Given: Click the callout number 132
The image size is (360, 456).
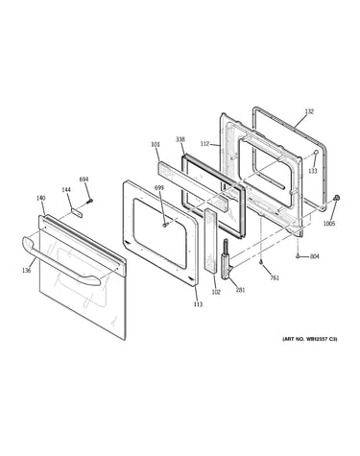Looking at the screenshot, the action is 309,111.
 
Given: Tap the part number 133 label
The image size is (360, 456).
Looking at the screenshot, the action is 313,171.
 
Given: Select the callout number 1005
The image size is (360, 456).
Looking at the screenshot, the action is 329,224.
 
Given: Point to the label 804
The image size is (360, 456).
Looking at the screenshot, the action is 315,256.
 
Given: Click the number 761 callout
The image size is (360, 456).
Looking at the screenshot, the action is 275,277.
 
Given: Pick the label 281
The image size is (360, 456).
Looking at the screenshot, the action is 240,290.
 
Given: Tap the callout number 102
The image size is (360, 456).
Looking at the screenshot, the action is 216,292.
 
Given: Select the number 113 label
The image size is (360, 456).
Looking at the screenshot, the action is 198,304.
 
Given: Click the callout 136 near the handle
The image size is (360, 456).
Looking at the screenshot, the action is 27,271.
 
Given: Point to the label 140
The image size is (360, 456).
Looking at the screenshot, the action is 40,198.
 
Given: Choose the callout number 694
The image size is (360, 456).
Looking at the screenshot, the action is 84,180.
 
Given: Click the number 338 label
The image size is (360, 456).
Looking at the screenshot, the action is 180,139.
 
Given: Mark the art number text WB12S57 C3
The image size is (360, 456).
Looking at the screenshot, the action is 309,339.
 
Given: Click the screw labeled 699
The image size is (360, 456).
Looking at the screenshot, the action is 165,226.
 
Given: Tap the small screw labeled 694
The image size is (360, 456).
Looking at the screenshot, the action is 90,202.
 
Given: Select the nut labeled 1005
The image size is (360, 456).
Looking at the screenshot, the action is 336,199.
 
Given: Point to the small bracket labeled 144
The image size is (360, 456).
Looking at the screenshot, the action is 77,213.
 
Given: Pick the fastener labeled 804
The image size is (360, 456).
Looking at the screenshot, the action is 298,256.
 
